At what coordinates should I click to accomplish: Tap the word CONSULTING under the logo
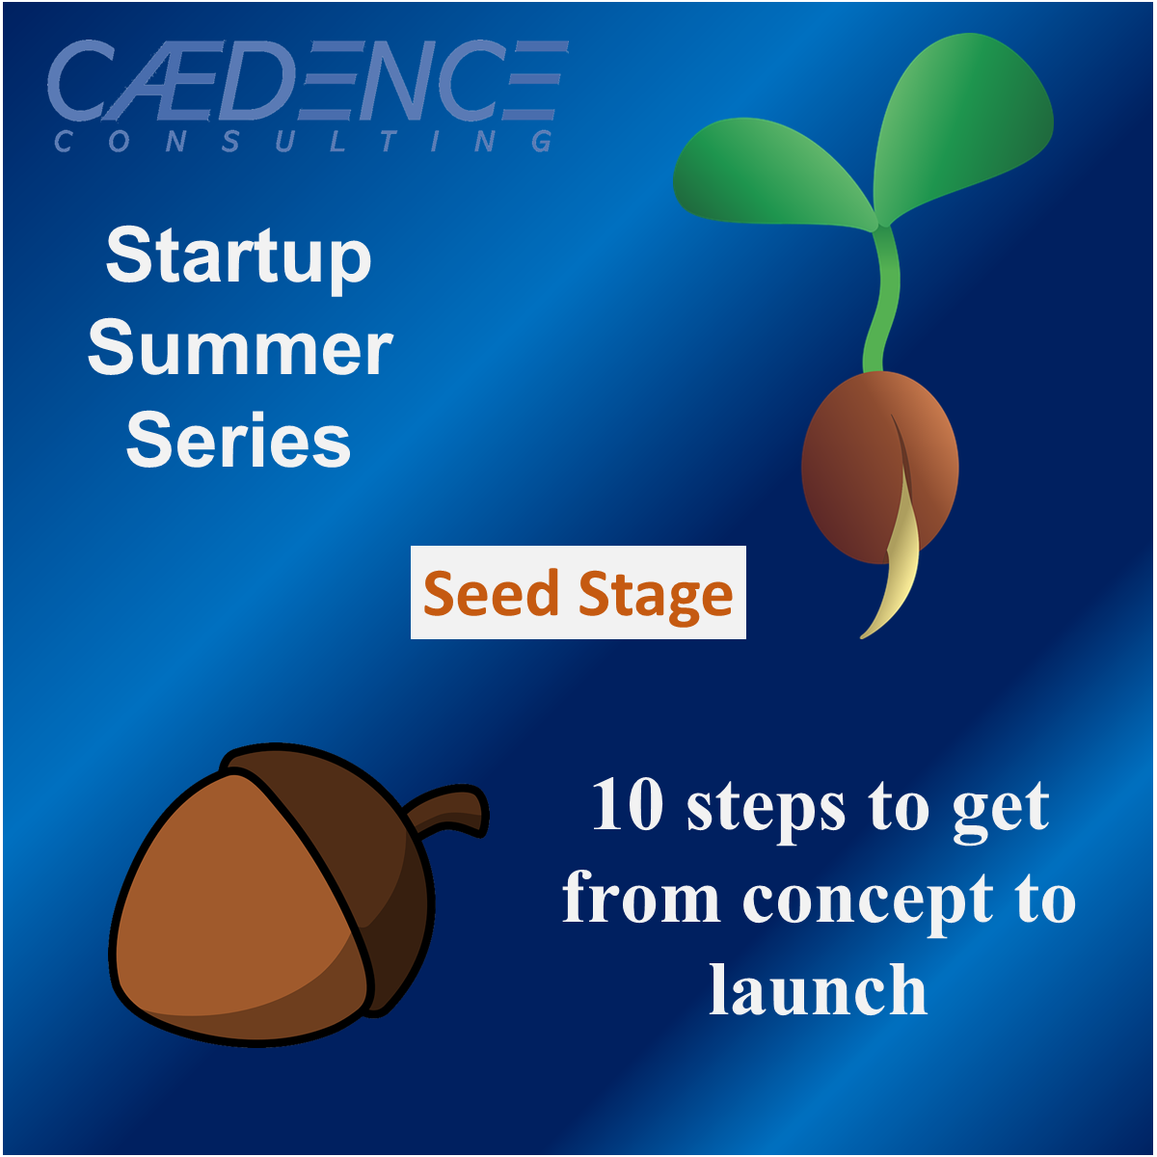tap(305, 143)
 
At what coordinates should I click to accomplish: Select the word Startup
tap(238, 258)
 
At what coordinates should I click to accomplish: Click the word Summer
tap(240, 349)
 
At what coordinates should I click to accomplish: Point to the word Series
tap(238, 442)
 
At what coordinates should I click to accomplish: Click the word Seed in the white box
tap(491, 593)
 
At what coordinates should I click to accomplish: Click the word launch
tap(819, 990)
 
